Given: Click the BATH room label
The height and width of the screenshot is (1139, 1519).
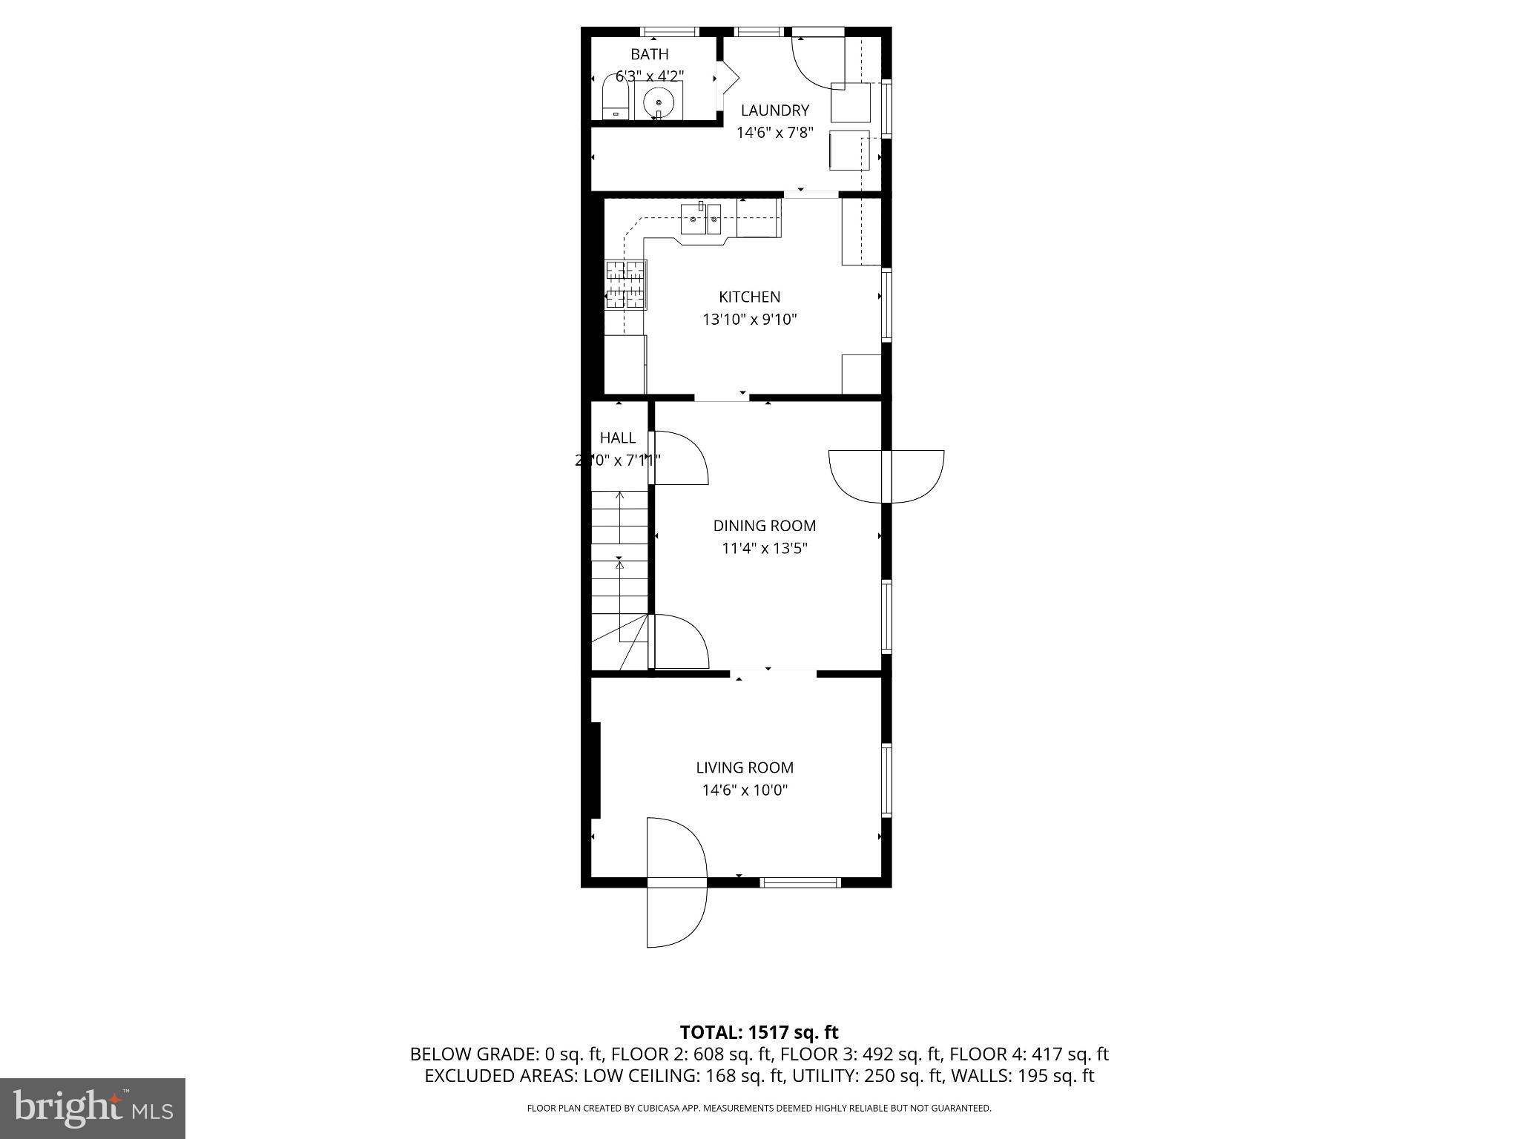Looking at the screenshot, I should [649, 54].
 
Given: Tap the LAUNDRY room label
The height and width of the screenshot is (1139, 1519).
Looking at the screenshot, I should [774, 110].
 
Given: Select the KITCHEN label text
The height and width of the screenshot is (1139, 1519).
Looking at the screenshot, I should [749, 297].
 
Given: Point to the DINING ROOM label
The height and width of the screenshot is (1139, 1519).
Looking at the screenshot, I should [764, 526].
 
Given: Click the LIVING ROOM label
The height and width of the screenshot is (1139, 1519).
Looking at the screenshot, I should [744, 767].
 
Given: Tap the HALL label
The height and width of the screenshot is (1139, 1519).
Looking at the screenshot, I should [617, 438].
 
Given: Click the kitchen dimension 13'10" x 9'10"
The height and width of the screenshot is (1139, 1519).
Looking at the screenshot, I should [749, 320].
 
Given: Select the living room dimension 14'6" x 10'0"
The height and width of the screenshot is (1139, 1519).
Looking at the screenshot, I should [744, 790].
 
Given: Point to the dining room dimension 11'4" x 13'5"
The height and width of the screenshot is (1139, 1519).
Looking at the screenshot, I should [764, 549].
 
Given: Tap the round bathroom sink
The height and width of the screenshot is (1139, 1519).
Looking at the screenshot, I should [658, 102].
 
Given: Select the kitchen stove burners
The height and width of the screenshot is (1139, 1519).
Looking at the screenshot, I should [625, 284].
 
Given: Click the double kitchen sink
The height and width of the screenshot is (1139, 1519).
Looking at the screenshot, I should [701, 218].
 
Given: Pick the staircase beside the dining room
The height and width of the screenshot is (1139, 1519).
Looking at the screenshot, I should [619, 578].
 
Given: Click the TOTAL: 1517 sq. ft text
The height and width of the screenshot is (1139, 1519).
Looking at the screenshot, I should [759, 1032].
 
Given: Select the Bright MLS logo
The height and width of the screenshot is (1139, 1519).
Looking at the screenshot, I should [93, 1108].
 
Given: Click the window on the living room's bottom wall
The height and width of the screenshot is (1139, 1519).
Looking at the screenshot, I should [800, 882].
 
